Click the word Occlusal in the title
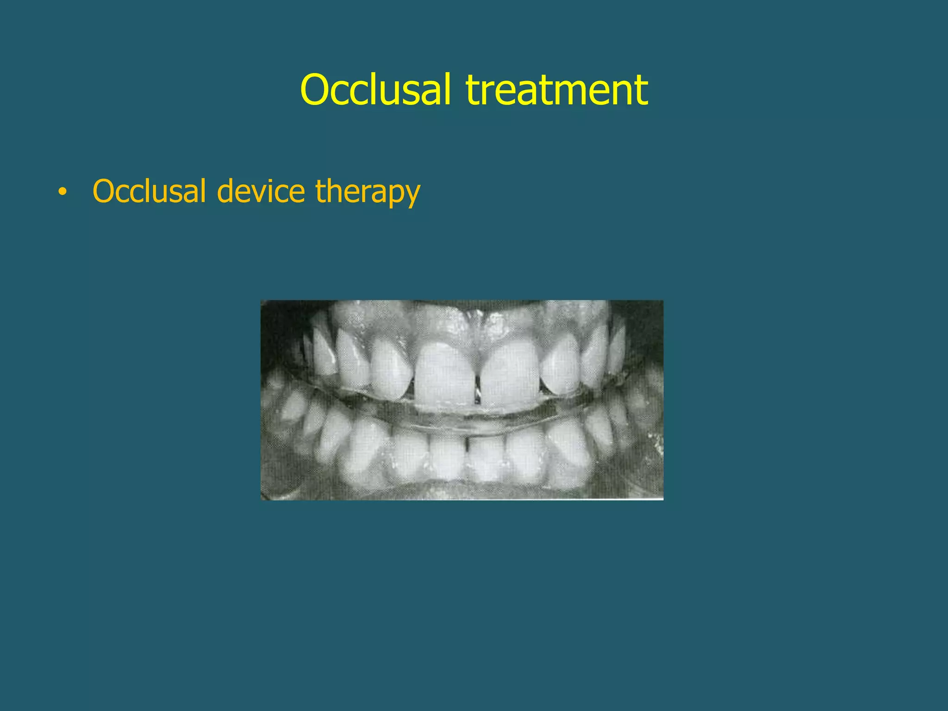(375, 90)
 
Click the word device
(261, 191)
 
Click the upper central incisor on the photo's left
(443, 375)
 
